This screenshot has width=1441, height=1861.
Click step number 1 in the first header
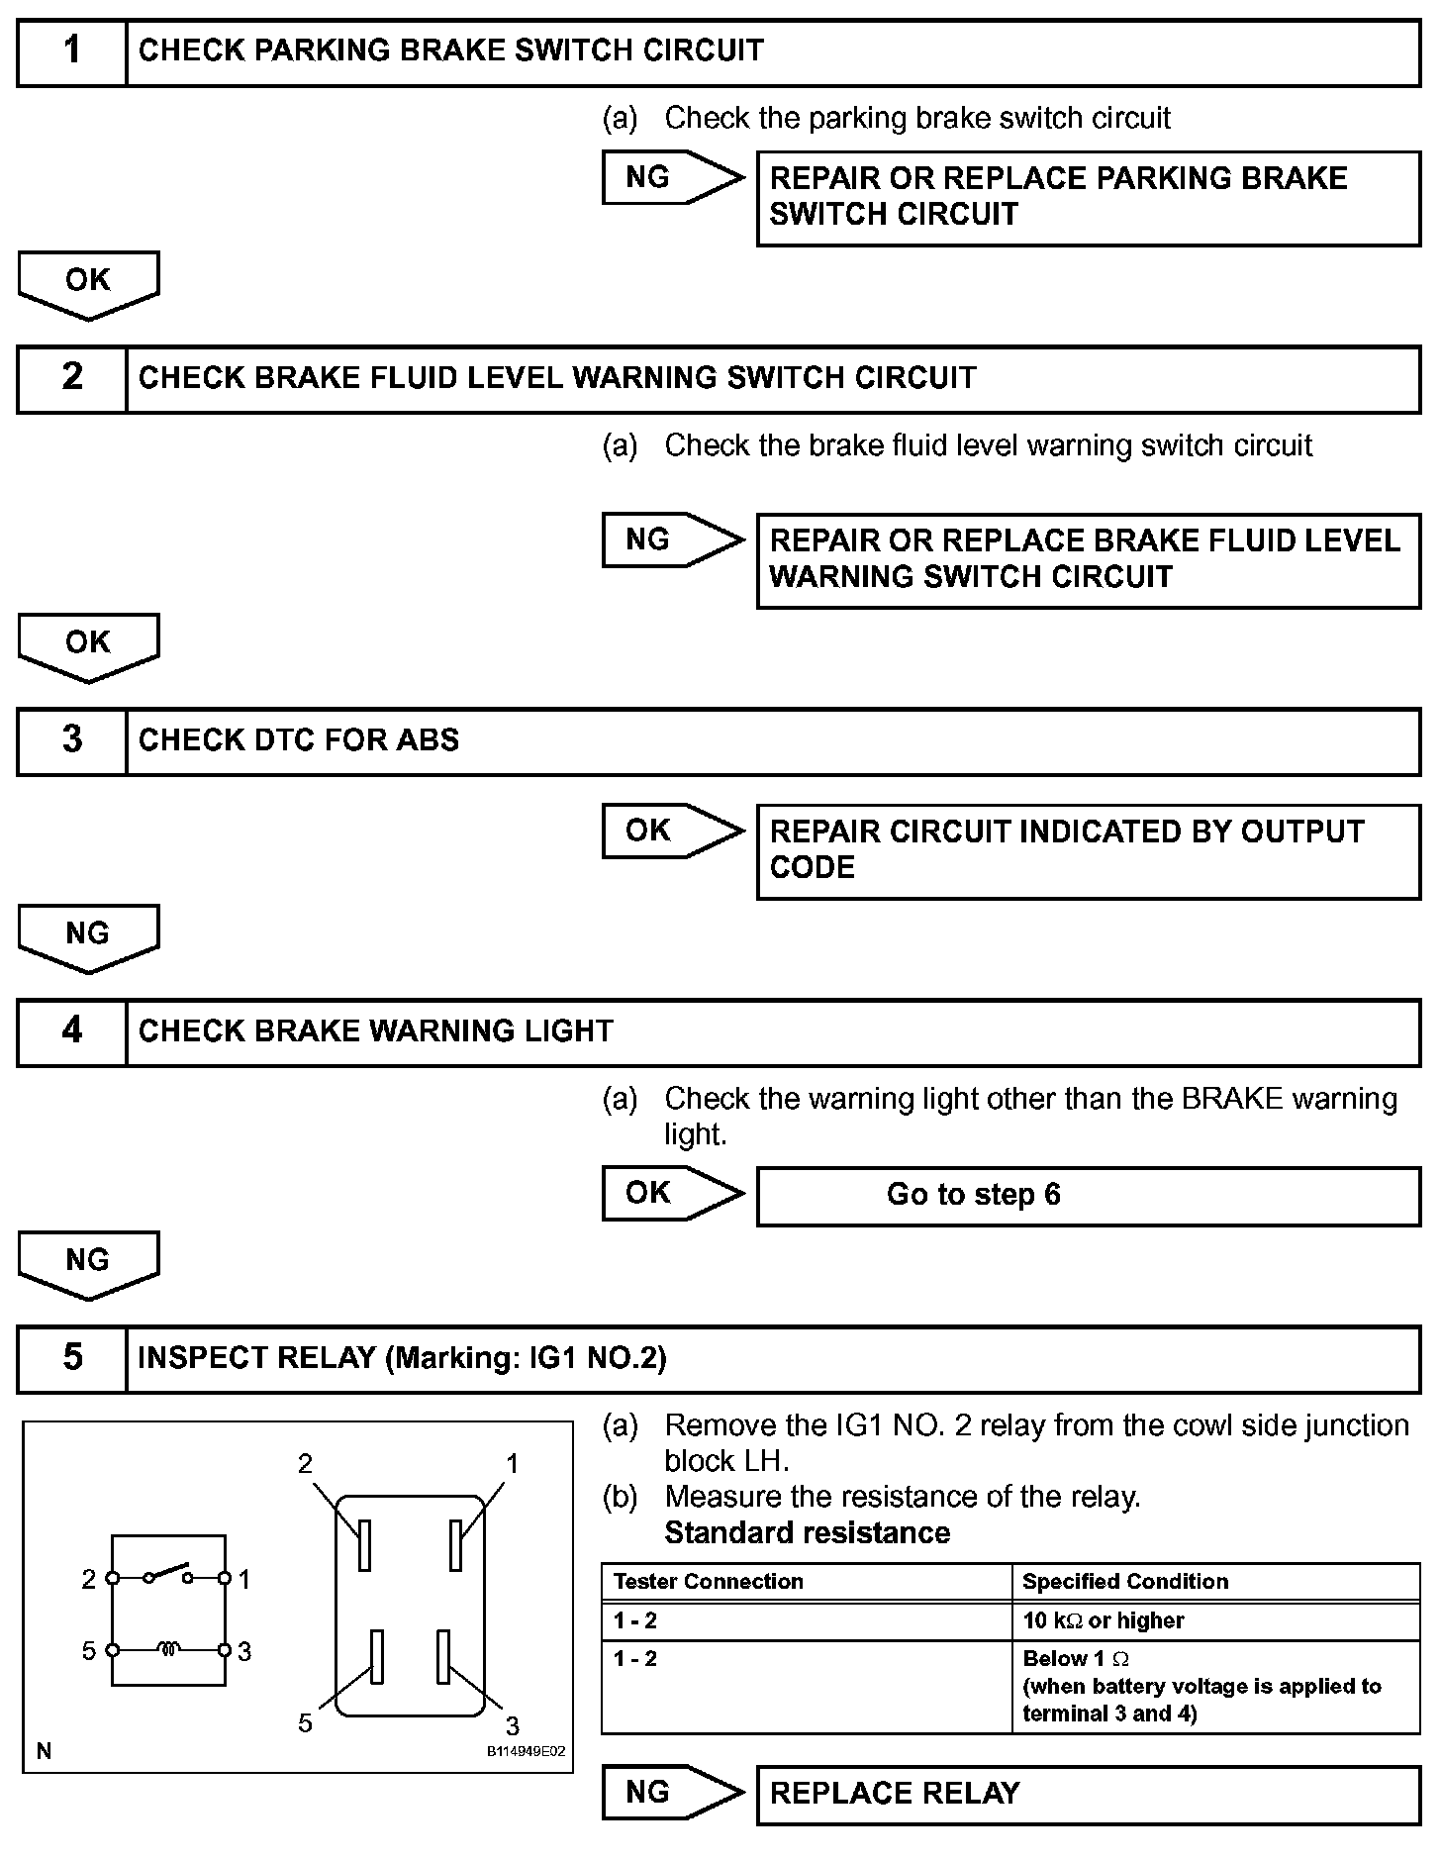pos(72,50)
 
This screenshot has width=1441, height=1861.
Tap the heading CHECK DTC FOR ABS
pos(298,740)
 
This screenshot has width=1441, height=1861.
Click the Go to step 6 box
pos(1088,1195)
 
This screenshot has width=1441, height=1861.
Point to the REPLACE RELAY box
pos(1088,1794)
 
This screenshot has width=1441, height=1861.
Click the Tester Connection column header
pos(709,1581)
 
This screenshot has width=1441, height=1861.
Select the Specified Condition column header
pos(1125,1581)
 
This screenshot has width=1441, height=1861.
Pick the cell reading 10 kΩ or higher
pos(1104,1620)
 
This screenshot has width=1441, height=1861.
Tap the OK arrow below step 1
pos(88,283)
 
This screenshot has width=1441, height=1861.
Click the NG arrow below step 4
pos(88,1263)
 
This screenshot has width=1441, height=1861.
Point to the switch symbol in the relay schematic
pos(169,1573)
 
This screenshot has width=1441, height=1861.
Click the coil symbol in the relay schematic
pos(169,1650)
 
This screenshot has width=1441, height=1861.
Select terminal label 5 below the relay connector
pos(305,1723)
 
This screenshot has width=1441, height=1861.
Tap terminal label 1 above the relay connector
pos(512,1463)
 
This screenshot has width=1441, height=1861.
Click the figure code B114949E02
pos(526,1751)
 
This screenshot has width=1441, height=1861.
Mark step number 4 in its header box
pos(72,1030)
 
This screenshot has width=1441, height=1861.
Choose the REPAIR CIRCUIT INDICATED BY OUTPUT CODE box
pos(1088,850)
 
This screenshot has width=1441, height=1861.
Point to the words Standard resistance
pos(807,1532)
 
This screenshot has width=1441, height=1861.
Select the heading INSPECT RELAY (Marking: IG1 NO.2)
pos(402,1357)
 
